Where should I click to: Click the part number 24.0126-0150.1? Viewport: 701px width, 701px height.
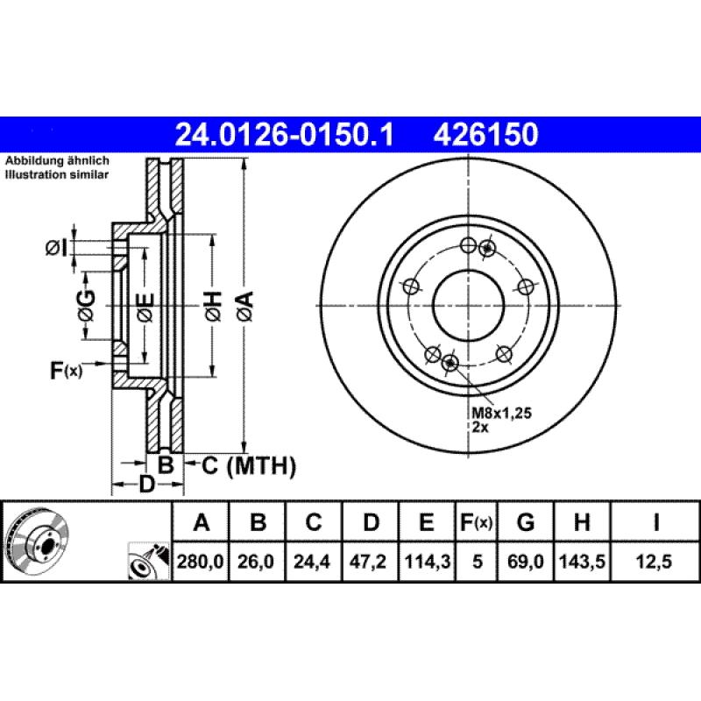[x=285, y=135]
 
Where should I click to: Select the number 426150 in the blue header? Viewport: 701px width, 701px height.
[x=482, y=135]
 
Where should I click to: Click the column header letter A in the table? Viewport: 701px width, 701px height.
[x=202, y=523]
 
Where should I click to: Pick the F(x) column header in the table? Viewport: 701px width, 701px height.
[x=477, y=523]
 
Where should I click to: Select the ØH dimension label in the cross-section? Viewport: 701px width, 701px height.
[x=212, y=305]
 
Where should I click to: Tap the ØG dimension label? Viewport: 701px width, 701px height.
[x=85, y=305]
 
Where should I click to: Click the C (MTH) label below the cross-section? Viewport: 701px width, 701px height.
[x=249, y=465]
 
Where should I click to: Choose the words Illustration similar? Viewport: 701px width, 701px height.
[x=57, y=175]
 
